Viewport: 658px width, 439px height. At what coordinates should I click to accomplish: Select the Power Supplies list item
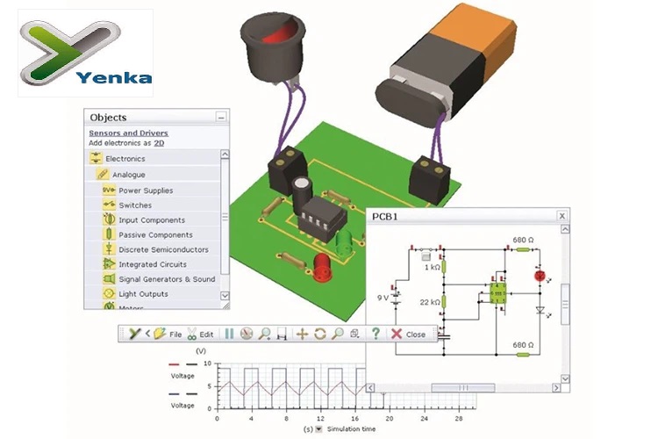pos(146,191)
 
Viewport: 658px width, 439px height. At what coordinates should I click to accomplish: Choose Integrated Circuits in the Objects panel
pos(152,264)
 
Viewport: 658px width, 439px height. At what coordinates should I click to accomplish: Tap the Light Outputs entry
pos(143,294)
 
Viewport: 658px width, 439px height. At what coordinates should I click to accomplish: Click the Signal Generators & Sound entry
pos(167,279)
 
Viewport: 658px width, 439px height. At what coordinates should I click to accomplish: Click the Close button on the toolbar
pos(409,335)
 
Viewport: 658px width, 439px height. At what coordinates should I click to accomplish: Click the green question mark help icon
pos(375,334)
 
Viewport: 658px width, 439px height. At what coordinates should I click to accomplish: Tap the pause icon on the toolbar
pos(229,334)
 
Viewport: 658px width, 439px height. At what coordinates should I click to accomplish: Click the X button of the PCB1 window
pos(562,216)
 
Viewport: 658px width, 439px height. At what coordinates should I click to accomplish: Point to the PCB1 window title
pos(385,216)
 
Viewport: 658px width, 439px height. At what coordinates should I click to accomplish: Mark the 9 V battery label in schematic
pos(383,298)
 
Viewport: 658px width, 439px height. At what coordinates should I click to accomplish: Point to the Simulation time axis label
pos(352,429)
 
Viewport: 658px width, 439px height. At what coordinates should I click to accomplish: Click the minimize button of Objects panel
pos(221,117)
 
